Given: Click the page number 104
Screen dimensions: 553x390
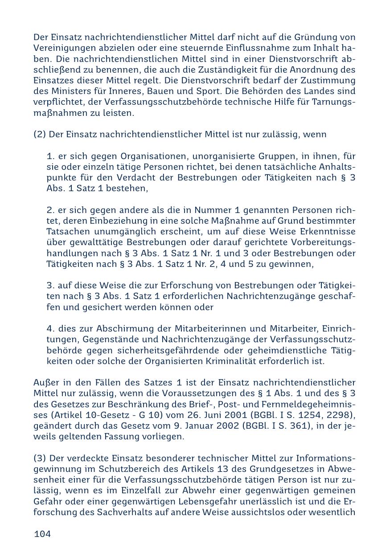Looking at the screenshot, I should (42, 534).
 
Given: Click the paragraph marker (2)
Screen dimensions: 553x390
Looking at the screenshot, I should (39, 135).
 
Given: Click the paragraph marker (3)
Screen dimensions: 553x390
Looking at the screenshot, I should (39, 459).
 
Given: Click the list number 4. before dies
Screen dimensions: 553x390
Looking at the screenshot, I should (50, 329).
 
